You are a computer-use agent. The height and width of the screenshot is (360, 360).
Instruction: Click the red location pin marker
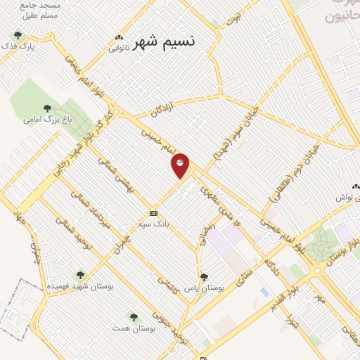181,164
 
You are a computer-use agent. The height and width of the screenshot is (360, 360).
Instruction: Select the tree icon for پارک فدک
18,35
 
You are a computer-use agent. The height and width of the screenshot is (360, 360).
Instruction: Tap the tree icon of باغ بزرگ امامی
47,108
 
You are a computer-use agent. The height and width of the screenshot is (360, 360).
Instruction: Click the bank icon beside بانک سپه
153,213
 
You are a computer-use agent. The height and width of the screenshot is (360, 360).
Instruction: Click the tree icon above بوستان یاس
205,277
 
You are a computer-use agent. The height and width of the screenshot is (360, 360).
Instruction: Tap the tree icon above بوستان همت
133,316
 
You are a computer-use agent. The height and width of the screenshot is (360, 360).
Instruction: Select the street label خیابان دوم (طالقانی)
289,175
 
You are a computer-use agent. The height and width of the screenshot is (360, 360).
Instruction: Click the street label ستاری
245,274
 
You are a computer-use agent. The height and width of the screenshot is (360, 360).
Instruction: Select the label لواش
342,199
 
